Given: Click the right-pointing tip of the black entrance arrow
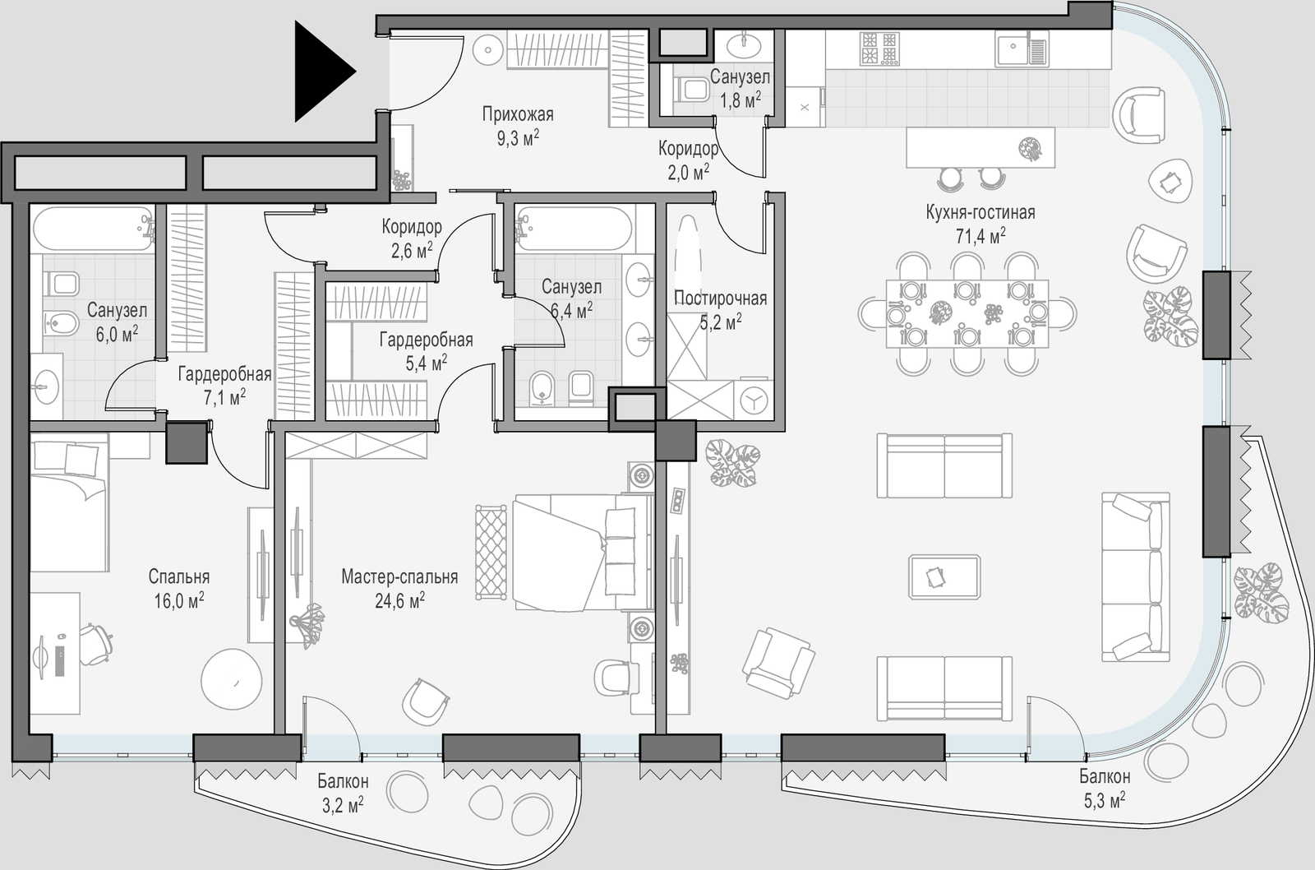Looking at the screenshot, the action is (x=357, y=72).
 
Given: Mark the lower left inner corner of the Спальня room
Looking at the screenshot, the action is (x=30, y=733).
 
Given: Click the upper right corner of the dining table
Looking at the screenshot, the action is (x=1049, y=280).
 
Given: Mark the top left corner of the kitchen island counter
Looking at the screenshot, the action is (x=907, y=128).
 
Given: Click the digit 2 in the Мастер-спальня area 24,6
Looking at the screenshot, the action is (x=380, y=602).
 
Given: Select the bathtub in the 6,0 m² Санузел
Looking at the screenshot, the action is (x=94, y=228).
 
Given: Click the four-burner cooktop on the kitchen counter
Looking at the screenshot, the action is (x=879, y=49).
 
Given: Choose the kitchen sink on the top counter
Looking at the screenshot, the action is (x=1022, y=49).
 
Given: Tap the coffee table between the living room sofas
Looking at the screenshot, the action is (x=944, y=577).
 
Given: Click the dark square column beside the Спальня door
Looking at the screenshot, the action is (x=187, y=442).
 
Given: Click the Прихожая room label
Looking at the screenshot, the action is (x=518, y=114).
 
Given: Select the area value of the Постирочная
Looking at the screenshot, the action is (x=720, y=322).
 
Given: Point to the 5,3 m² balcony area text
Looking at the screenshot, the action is (x=1104, y=801).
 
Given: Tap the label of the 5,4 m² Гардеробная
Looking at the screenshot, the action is (x=427, y=340).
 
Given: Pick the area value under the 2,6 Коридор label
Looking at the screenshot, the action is (x=412, y=251).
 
